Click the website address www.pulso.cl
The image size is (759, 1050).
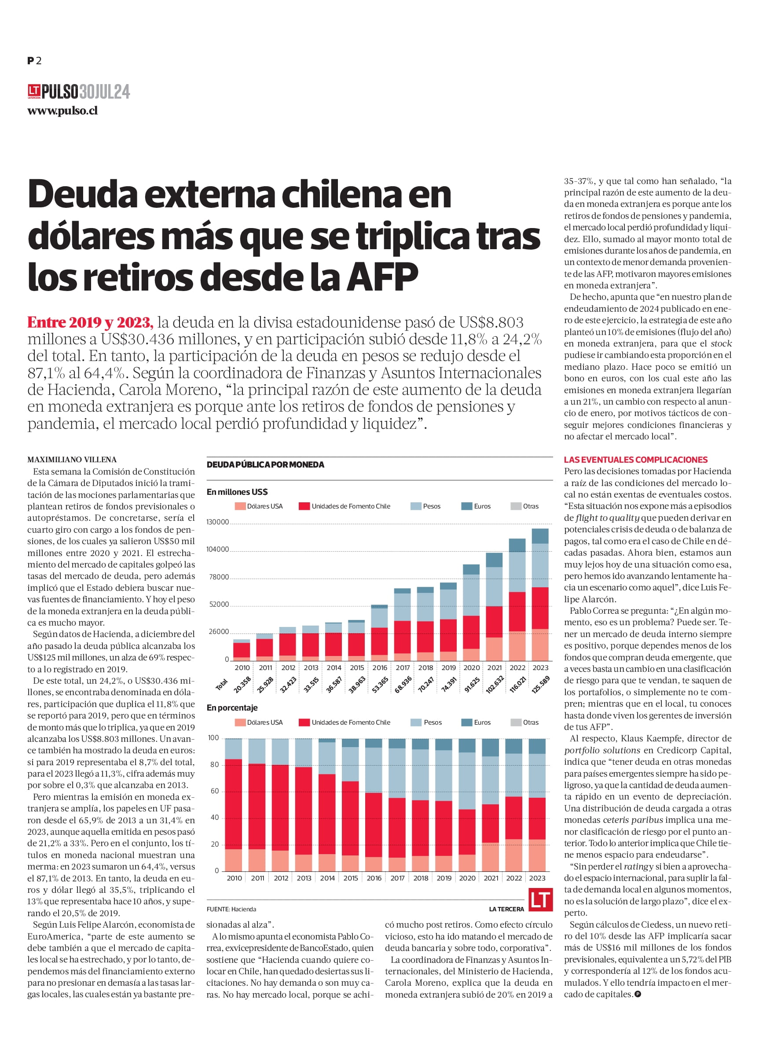click(x=62, y=111)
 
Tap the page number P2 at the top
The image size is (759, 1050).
click(x=34, y=61)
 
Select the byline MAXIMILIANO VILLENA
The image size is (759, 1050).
click(x=72, y=460)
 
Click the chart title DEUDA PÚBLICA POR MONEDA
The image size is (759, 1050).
click(x=265, y=464)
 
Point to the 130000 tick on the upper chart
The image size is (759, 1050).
click(x=217, y=522)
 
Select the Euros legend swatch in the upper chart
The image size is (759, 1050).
click(x=466, y=506)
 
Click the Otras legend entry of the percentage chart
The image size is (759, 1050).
click(x=524, y=722)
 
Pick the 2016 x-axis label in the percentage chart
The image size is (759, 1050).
click(x=374, y=878)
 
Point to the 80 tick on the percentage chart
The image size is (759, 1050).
click(x=214, y=764)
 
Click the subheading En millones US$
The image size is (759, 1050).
click(x=237, y=492)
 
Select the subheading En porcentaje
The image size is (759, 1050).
click(x=232, y=708)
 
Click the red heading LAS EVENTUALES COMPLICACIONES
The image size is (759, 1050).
click(x=635, y=460)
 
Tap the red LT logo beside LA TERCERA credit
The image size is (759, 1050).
click(x=541, y=899)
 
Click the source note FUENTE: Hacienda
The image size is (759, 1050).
click(x=231, y=909)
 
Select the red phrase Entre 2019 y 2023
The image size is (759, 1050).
click(x=90, y=322)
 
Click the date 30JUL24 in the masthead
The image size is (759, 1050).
click(x=105, y=92)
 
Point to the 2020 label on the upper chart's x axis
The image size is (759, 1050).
click(x=472, y=667)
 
